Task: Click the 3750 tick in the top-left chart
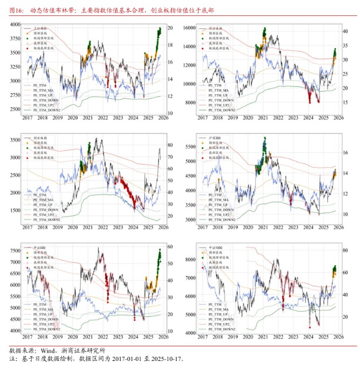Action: point(12,38)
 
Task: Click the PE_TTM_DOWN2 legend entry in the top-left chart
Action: point(46,110)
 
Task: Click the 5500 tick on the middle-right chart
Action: point(188,144)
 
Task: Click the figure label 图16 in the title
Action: point(16,11)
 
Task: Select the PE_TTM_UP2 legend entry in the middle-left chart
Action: point(46,215)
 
